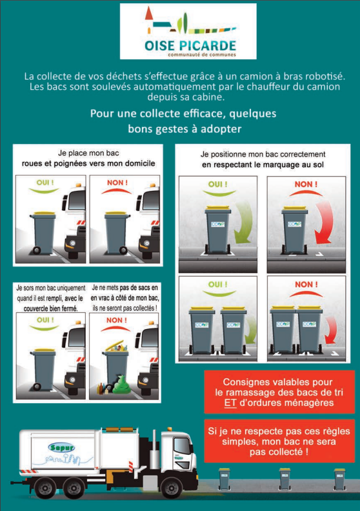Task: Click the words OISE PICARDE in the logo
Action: tap(190, 45)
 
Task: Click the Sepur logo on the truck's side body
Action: tap(61, 447)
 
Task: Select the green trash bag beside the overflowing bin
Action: tap(121, 385)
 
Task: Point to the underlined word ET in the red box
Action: tap(230, 403)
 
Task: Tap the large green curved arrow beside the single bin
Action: tap(243, 222)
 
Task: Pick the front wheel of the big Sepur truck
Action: tap(172, 487)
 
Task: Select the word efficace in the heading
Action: tap(205, 114)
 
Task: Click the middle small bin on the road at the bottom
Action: tap(285, 479)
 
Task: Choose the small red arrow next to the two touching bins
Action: tap(331, 330)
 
